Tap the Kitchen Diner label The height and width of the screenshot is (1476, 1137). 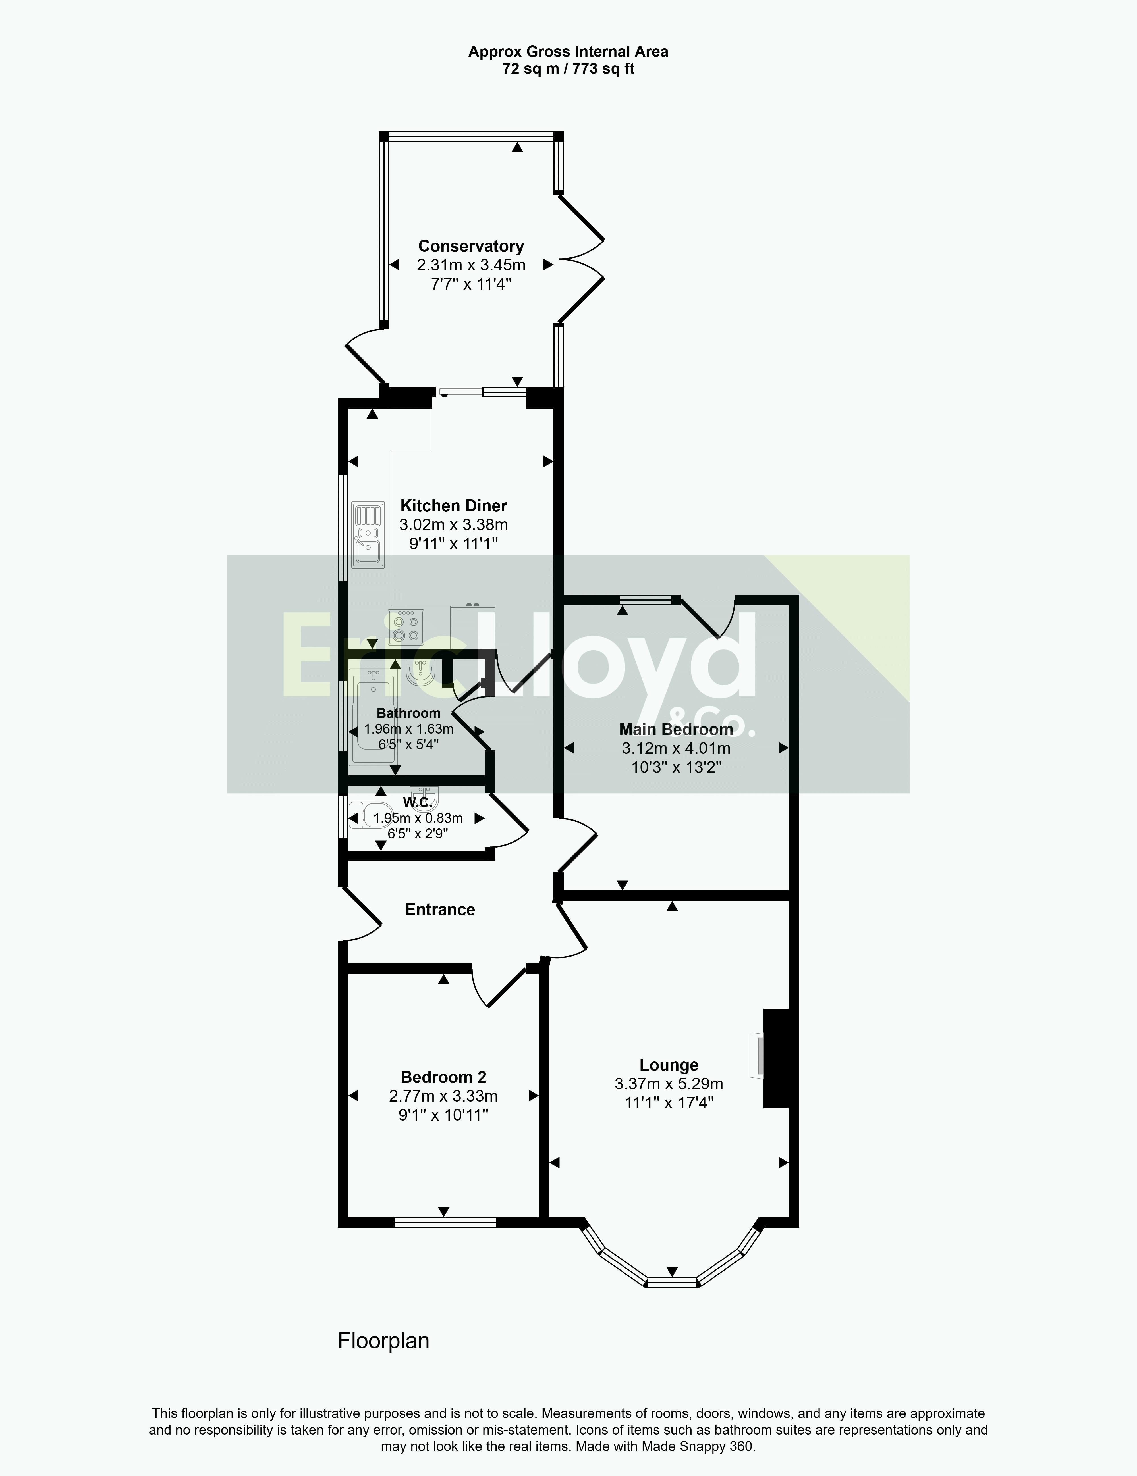(454, 505)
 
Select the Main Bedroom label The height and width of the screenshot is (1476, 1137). (676, 729)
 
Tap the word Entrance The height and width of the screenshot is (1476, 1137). (440, 910)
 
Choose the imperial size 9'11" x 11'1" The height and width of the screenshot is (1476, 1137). (454, 543)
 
